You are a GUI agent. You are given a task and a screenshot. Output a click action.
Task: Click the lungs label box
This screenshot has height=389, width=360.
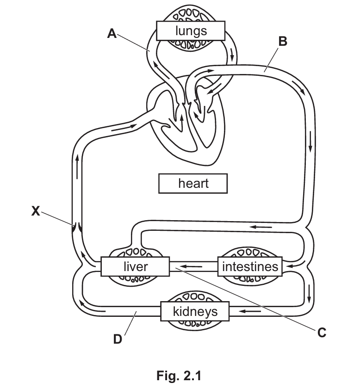pyautogui.click(x=191, y=31)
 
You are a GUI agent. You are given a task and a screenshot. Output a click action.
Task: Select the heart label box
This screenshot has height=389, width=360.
pyautogui.click(x=193, y=183)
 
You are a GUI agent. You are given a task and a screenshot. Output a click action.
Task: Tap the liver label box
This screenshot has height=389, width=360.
pyautogui.click(x=135, y=266)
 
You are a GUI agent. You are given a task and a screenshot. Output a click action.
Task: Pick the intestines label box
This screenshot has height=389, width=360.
pyautogui.click(x=250, y=266)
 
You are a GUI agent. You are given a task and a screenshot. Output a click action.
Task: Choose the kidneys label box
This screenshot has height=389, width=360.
pyautogui.click(x=195, y=311)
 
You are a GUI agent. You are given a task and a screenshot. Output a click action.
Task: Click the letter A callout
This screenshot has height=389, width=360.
pyautogui.click(x=112, y=33)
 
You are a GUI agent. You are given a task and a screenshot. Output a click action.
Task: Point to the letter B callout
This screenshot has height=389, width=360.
pyautogui.click(x=282, y=42)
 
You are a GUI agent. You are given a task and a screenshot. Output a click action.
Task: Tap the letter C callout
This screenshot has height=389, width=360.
pyautogui.click(x=322, y=332)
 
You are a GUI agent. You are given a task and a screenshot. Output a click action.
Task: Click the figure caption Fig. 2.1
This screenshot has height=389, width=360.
pyautogui.click(x=180, y=376)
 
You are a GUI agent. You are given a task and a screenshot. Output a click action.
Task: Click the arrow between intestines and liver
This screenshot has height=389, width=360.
pyautogui.click(x=191, y=266)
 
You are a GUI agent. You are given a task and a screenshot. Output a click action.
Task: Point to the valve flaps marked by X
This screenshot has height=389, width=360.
pyautogui.click(x=76, y=227)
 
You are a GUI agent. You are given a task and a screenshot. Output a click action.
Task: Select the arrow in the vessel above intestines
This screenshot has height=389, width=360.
pyautogui.click(x=261, y=227)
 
